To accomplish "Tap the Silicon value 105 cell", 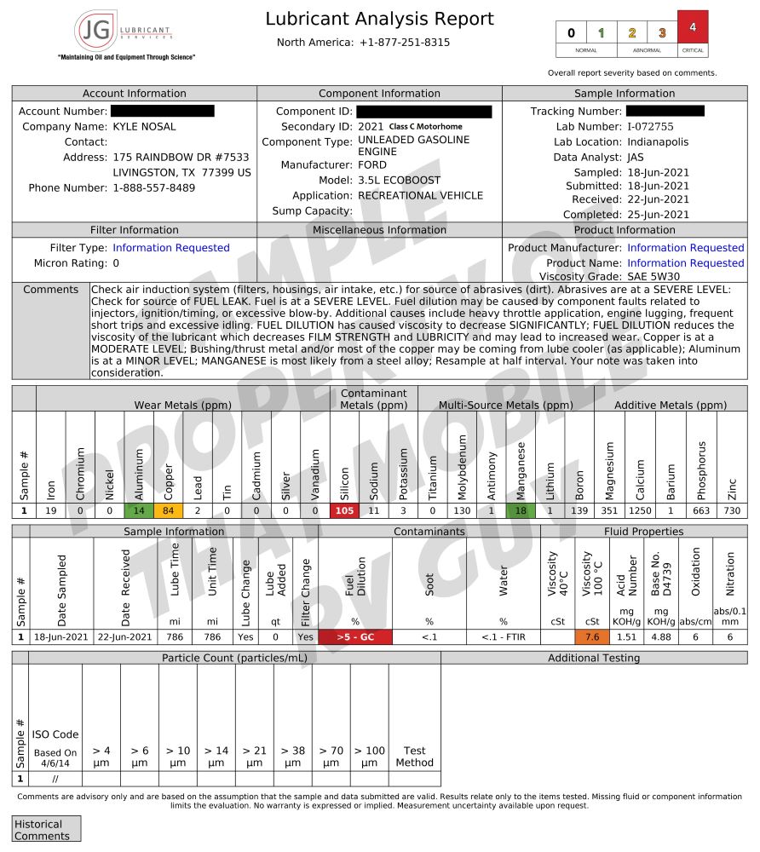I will (x=344, y=511).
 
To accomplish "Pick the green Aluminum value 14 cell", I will (x=139, y=511).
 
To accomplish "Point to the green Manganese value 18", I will (x=521, y=511).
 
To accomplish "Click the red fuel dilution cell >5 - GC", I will (x=355, y=637).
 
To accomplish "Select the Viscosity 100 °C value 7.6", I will (x=593, y=637).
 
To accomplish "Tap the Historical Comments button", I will (x=47, y=829).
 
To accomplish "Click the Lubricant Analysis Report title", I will (x=379, y=19).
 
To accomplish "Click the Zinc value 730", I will (x=731, y=511).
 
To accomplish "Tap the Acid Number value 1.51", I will (x=626, y=637).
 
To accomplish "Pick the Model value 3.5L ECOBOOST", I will (x=399, y=181).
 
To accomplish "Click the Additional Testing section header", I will (x=594, y=658).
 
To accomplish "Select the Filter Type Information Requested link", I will (x=171, y=248).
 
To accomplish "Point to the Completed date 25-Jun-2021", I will (x=658, y=215).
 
